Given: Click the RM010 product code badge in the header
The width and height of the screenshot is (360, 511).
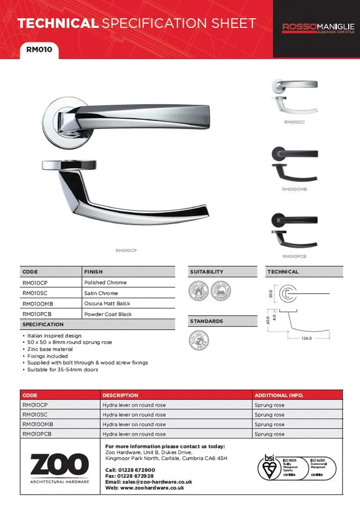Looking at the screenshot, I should (x=39, y=50).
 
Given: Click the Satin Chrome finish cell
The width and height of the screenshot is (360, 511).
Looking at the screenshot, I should (x=101, y=293).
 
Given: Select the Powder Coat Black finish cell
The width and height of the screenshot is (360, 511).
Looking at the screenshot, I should (x=108, y=314).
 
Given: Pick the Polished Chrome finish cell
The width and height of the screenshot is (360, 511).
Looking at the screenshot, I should (x=105, y=283).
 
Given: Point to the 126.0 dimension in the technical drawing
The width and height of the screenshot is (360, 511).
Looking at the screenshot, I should (x=307, y=338).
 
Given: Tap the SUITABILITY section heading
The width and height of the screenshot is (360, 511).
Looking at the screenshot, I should (x=207, y=272).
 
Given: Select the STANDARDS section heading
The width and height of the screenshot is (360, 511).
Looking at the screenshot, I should (x=206, y=321).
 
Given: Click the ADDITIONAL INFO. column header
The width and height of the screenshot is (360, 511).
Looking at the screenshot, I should (x=279, y=395).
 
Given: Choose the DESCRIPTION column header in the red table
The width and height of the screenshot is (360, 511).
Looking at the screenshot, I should (x=120, y=395).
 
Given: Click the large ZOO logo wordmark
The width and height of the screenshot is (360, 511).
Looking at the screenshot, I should (x=59, y=465).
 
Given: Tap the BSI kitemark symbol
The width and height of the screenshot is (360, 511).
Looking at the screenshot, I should (x=267, y=469).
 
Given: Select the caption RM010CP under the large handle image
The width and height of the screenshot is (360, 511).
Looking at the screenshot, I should (x=126, y=250).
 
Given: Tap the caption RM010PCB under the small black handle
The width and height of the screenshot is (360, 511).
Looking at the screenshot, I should (x=294, y=256).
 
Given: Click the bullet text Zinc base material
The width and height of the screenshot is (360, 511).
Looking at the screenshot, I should (x=49, y=349).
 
